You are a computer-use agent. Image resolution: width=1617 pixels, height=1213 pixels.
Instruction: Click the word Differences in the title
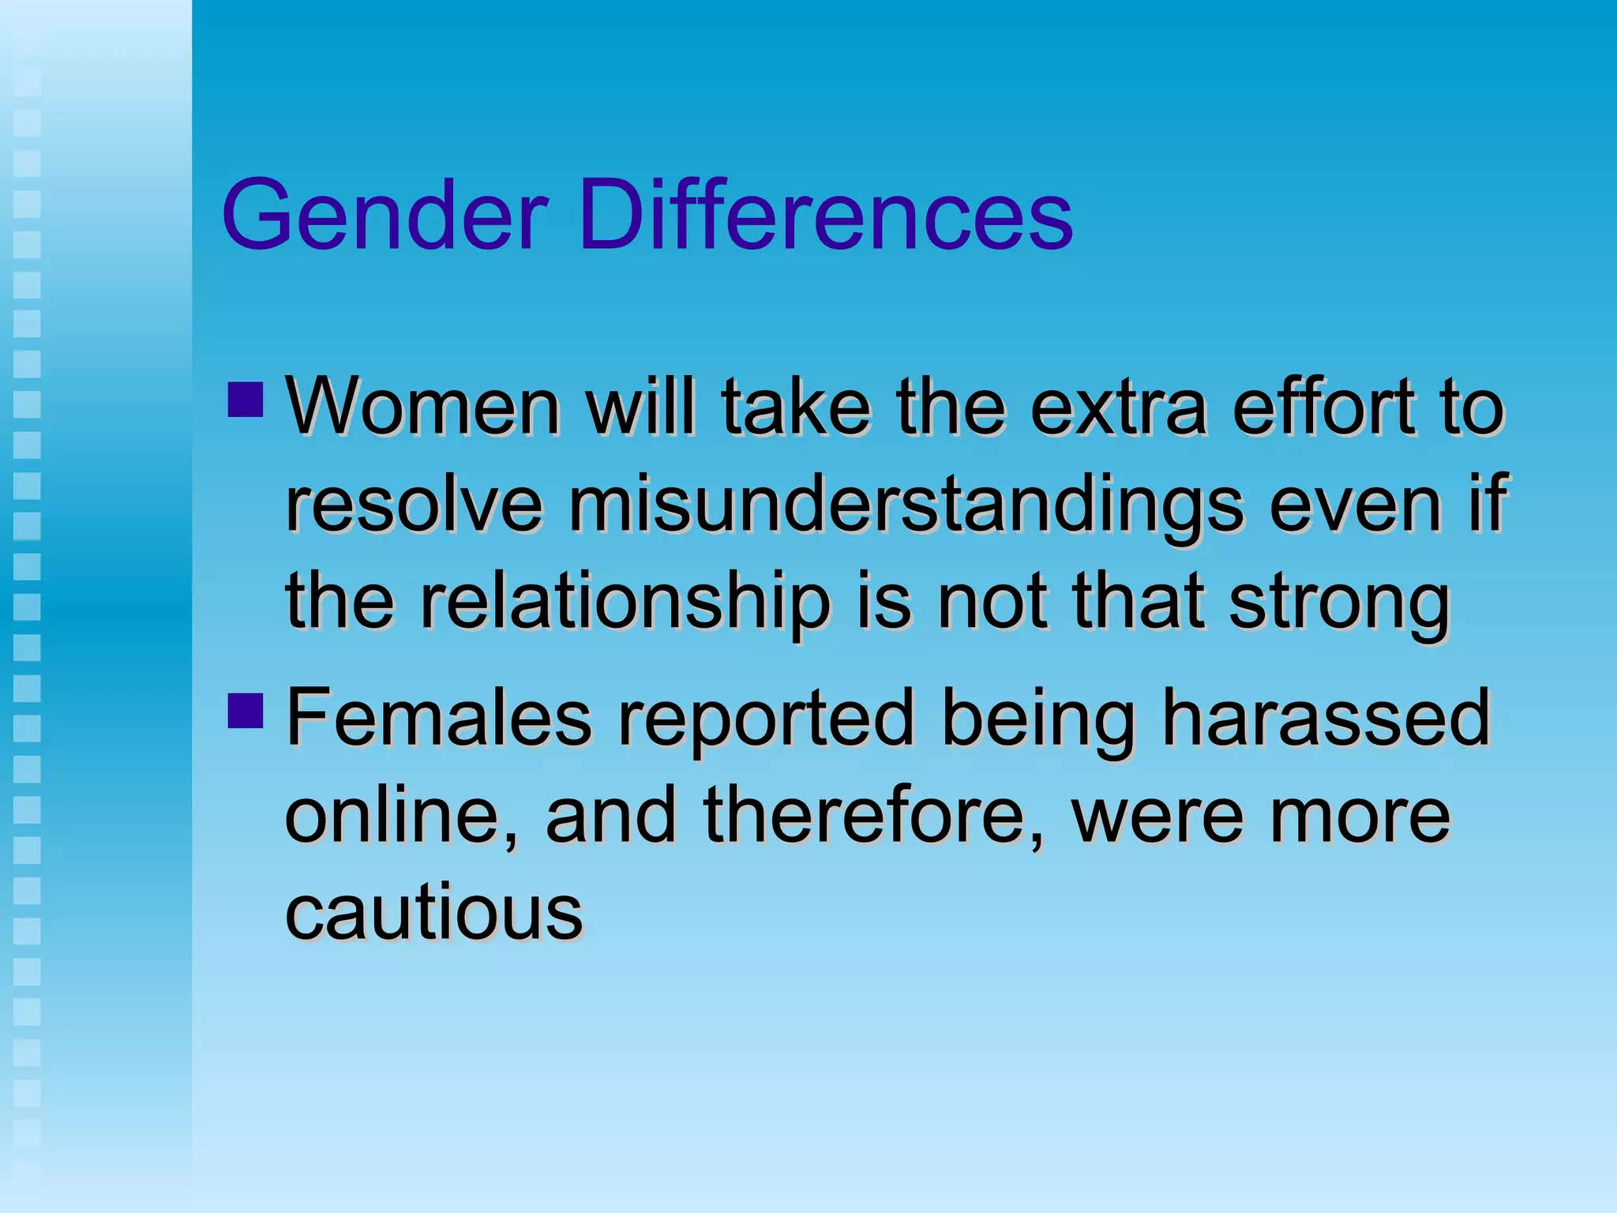click(826, 215)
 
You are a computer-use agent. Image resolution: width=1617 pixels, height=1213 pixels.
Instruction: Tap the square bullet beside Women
click(245, 400)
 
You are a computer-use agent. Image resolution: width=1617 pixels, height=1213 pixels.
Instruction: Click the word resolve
click(414, 505)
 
